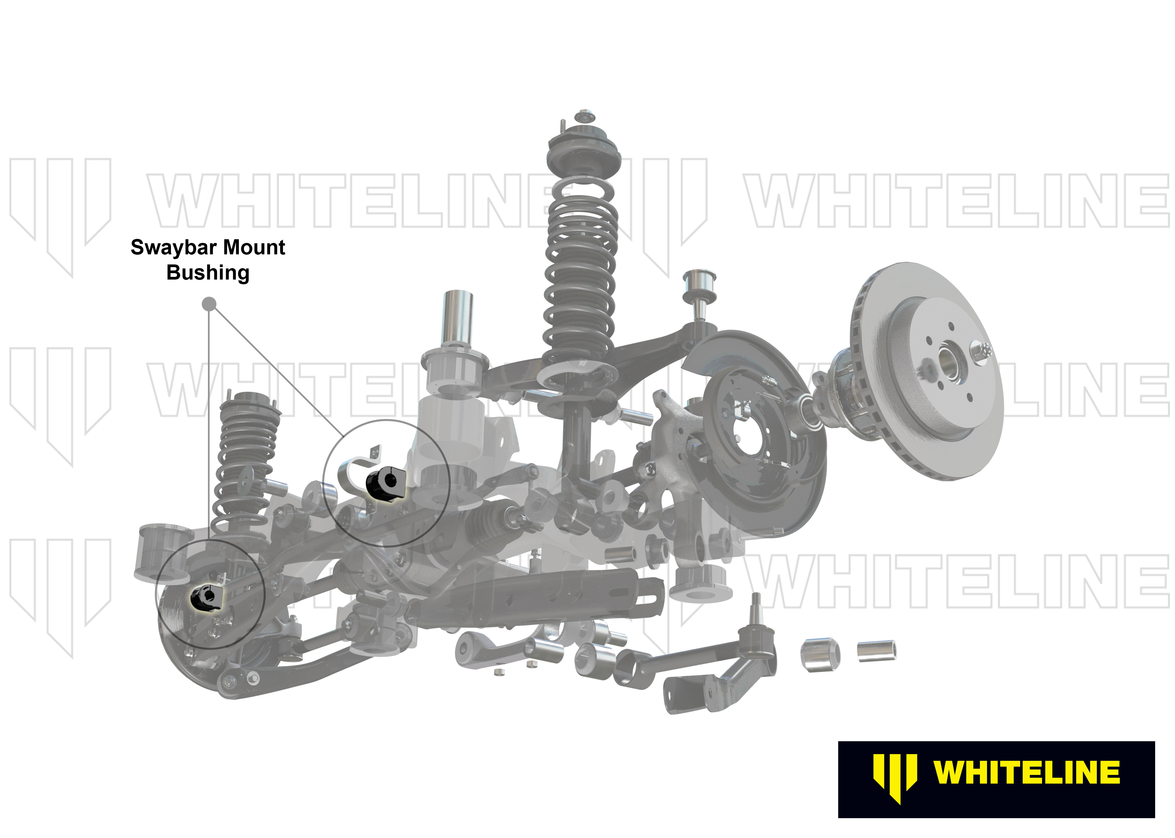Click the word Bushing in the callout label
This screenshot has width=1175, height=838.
click(x=208, y=273)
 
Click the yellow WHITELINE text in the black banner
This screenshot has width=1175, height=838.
click(x=1027, y=772)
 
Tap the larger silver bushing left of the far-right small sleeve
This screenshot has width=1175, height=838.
click(x=820, y=655)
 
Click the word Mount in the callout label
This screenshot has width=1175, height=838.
click(x=256, y=248)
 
